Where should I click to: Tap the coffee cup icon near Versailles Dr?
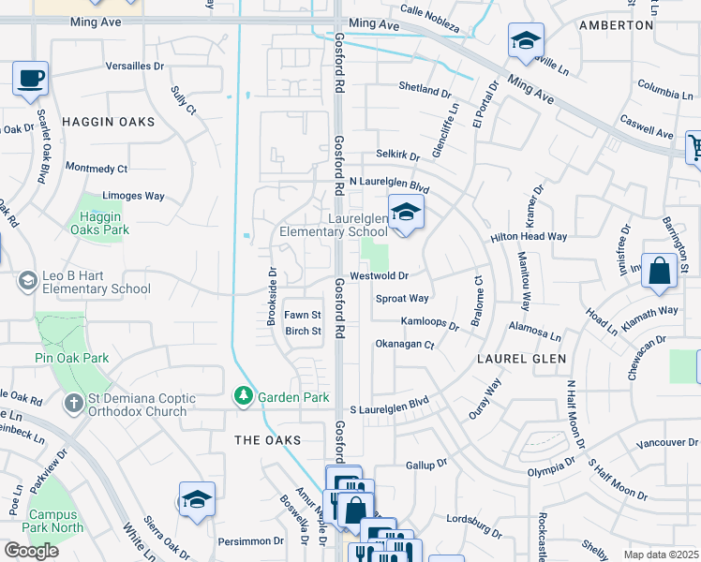[x=31, y=79]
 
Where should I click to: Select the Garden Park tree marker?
[x=243, y=397]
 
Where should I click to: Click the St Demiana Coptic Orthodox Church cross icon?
[x=73, y=405]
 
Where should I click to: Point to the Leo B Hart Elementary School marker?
[x=28, y=280]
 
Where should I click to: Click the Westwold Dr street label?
[x=380, y=276]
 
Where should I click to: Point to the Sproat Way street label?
[x=402, y=299]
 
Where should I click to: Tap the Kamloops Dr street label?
[x=430, y=321]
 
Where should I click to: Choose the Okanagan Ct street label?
[x=405, y=345]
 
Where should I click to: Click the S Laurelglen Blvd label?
[x=389, y=409]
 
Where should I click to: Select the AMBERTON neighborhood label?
[x=616, y=25]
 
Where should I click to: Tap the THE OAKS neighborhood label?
[x=268, y=439]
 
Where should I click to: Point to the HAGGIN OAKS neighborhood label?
[x=108, y=122]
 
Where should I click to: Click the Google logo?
[x=31, y=551]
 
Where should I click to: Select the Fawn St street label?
[x=304, y=315]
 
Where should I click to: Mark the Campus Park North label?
[x=55, y=521]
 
